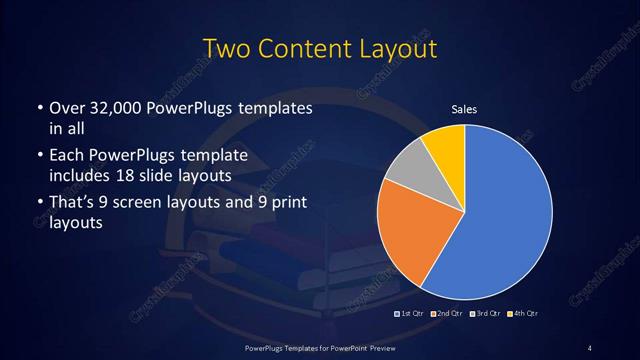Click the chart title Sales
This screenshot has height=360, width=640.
pos(464,109)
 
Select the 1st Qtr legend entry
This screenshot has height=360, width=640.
pos(410,315)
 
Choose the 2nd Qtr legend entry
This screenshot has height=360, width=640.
pos(446,315)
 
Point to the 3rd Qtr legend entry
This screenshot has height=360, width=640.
pos(484,315)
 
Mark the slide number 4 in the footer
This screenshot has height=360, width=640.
pos(590,347)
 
